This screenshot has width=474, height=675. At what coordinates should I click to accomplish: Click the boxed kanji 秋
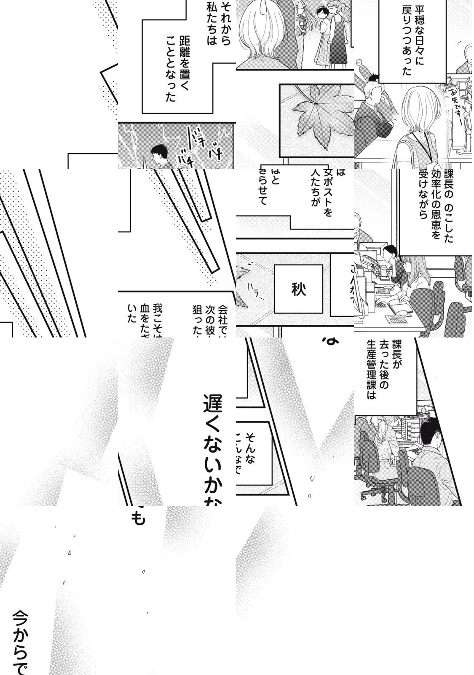coord(298,290)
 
